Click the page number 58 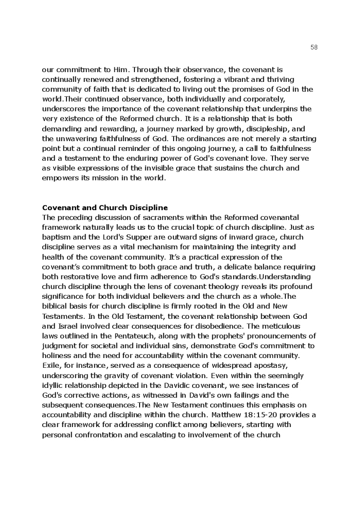(x=314, y=47)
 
